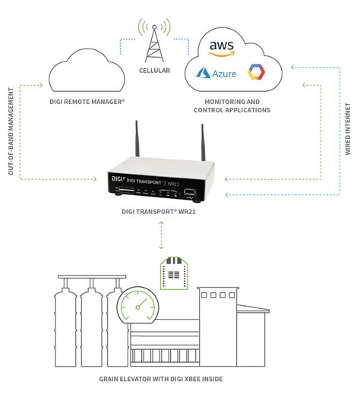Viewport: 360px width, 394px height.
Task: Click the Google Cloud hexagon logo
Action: [x=255, y=73]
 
